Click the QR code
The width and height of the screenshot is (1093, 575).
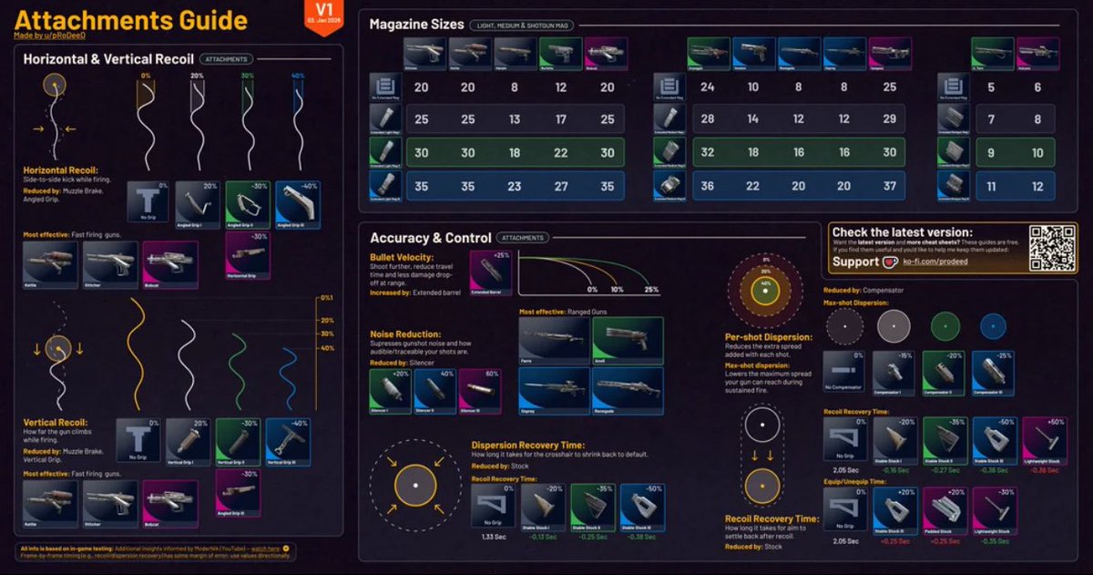[x=1052, y=247]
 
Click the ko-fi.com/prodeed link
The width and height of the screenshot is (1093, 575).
[x=923, y=262]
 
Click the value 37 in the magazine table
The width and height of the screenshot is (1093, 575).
[x=889, y=185]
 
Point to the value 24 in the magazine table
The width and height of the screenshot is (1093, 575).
[x=708, y=88]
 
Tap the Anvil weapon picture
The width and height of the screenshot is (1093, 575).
[x=627, y=341]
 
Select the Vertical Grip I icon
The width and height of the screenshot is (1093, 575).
[x=188, y=441]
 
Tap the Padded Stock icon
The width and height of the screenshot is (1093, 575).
[x=945, y=509]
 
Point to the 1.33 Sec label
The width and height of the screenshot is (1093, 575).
[x=492, y=539]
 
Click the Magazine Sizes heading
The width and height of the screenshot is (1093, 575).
[x=415, y=25]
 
